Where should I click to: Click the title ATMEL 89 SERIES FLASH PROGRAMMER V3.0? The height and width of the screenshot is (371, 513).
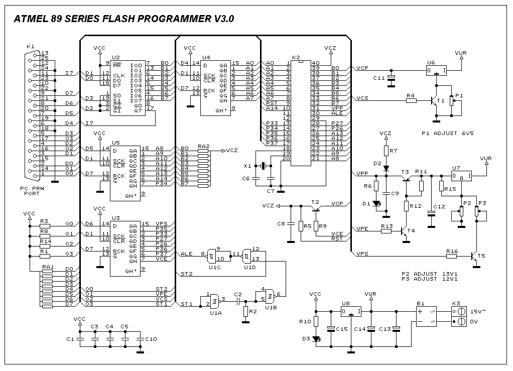click(x=123, y=19)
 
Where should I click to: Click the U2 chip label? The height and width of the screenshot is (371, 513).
click(x=116, y=58)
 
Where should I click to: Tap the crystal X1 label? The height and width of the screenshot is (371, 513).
click(x=246, y=166)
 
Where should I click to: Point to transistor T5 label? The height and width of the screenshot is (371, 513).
click(x=481, y=256)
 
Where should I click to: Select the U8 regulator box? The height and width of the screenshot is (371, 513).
click(x=351, y=311)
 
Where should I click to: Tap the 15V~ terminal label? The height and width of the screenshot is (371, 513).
click(x=477, y=311)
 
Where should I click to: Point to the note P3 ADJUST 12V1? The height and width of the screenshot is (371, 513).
click(x=430, y=279)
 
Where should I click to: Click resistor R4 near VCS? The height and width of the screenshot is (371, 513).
click(x=411, y=100)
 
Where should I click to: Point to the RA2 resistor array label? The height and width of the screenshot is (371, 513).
click(x=204, y=146)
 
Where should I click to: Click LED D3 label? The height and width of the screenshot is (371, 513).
click(x=306, y=339)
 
